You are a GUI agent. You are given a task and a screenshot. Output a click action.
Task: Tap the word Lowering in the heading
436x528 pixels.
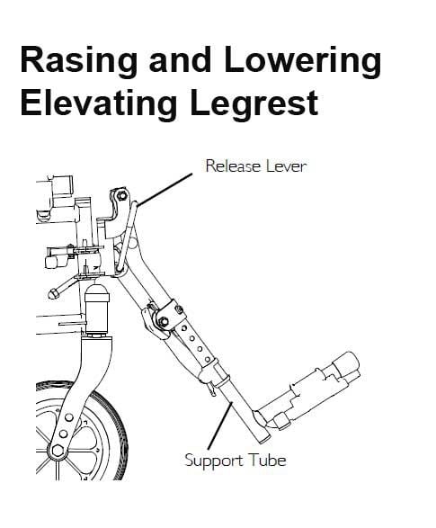(x=302, y=62)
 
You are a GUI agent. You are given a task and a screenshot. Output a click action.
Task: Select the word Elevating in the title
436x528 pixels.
(x=99, y=103)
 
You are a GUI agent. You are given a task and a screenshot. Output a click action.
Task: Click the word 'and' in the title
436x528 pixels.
(x=181, y=59)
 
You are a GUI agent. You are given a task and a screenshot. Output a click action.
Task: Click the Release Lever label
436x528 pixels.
(x=256, y=166)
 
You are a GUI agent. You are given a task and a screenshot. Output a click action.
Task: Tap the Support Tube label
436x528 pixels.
(x=236, y=461)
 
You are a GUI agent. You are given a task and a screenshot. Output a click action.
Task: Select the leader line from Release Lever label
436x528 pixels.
(x=165, y=189)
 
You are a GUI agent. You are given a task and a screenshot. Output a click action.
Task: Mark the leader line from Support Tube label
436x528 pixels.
(x=219, y=425)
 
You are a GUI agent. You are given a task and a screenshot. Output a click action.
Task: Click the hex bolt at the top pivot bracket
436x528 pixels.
(x=122, y=196)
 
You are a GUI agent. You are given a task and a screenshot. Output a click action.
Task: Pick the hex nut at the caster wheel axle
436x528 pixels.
(x=58, y=451)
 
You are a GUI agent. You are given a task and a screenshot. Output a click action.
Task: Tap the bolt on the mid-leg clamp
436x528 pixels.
(x=164, y=321)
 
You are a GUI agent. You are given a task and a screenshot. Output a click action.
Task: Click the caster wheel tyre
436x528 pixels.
(x=111, y=425)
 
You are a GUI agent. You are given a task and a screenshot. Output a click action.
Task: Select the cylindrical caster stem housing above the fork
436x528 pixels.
(x=97, y=309)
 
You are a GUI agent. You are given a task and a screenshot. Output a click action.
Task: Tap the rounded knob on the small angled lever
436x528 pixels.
(x=52, y=293)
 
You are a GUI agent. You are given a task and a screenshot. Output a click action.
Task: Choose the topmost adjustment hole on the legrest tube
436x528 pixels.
(x=184, y=327)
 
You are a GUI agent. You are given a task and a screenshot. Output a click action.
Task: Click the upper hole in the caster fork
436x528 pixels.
(x=69, y=417)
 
